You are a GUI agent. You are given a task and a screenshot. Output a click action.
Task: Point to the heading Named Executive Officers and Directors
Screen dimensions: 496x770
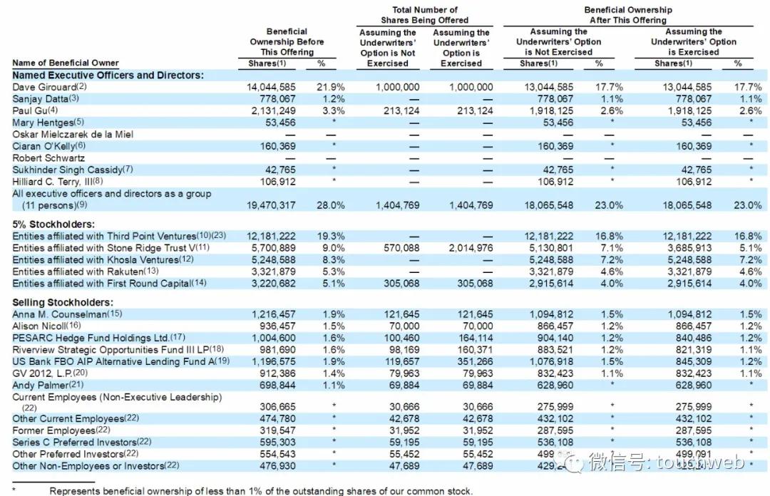pos(108,75)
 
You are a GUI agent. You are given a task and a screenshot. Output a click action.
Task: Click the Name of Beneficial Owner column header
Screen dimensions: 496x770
pos(66,63)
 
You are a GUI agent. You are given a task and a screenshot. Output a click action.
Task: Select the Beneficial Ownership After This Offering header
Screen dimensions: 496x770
pos(627,15)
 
